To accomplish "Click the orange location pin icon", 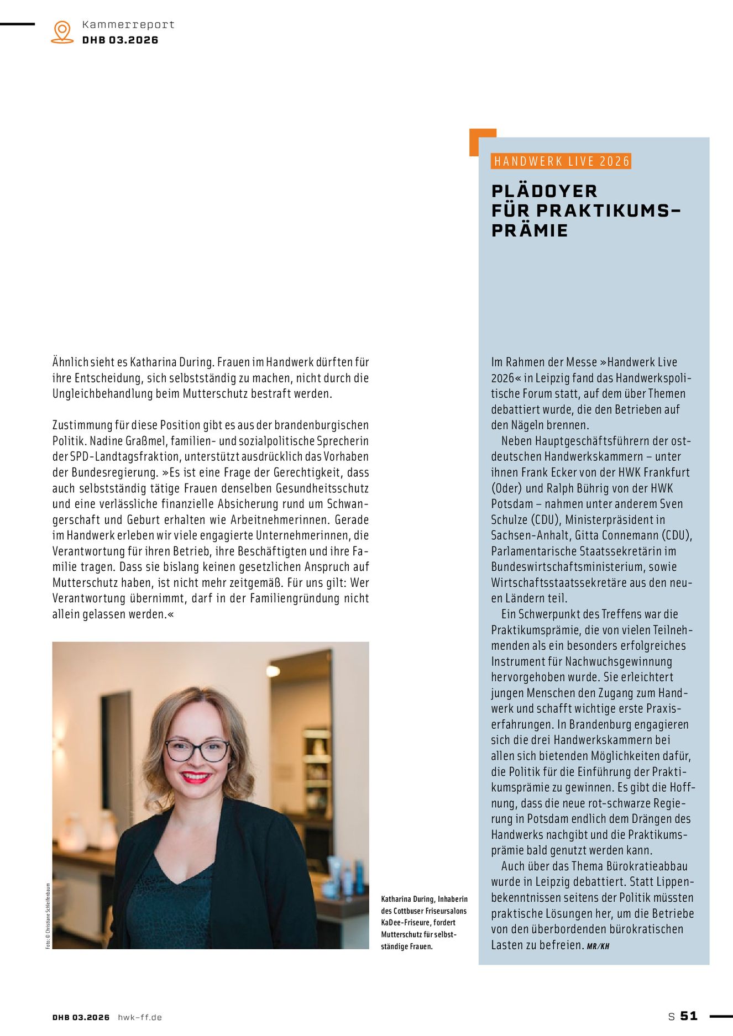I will [62, 31].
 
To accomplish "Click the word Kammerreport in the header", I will [128, 25].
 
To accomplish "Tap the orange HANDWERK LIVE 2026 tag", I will [561, 161].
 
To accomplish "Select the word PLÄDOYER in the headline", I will [544, 191].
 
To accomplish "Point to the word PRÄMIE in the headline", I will [530, 230].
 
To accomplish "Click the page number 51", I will [689, 1016].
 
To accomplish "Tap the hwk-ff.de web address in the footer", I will [140, 1017].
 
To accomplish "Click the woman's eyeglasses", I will [197, 750].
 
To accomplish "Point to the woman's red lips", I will [196, 777].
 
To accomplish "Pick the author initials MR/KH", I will [598, 946].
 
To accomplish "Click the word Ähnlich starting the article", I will [70, 362].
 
